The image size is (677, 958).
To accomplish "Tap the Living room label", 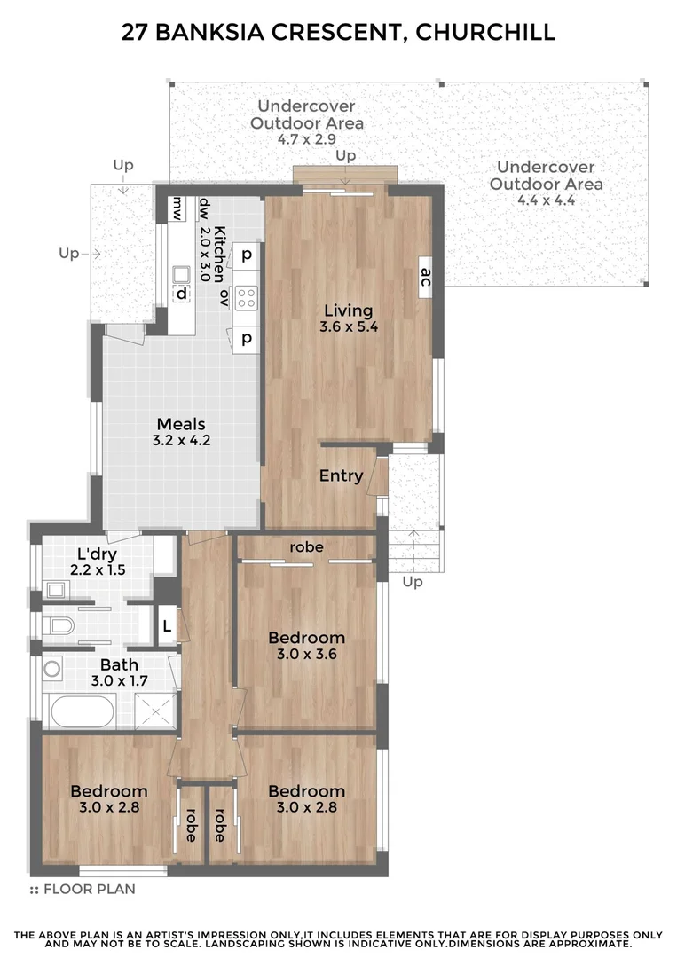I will coord(348,310).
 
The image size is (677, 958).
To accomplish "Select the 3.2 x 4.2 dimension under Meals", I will coord(181,439).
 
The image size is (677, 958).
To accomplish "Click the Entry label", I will coord(341,476).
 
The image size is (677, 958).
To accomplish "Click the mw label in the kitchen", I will coord(177,208).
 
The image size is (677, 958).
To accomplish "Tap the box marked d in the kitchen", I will coord(182,293).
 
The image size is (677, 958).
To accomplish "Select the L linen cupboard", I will coord(167,628).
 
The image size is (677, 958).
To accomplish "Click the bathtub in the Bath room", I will coord(83,711).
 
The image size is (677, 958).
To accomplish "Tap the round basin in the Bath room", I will coord(52,669).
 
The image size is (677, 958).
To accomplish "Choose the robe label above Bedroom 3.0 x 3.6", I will coord(306,547).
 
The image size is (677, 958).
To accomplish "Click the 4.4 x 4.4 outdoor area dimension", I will coord(546,200).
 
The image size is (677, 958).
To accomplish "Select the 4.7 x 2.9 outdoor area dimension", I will coord(306,139).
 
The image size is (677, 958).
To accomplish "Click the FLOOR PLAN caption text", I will coord(89,889).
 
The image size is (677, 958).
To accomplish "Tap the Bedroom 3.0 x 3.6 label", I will coord(306,638).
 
